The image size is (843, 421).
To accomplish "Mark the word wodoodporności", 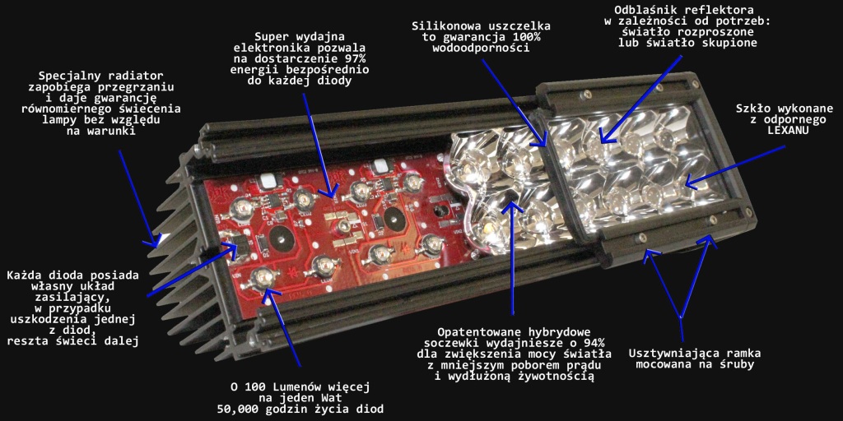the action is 481,48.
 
